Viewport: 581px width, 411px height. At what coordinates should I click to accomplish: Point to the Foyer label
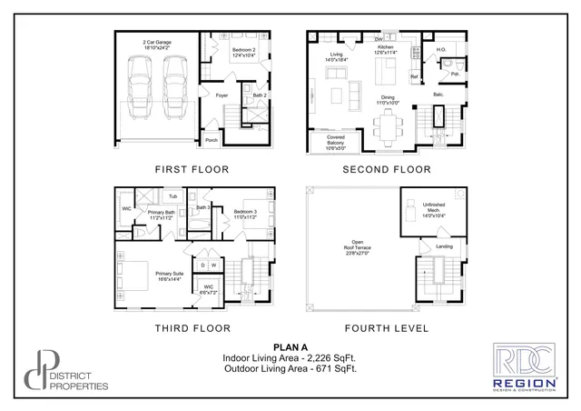click(x=221, y=95)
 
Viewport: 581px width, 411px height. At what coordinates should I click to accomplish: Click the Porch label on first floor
click(x=211, y=140)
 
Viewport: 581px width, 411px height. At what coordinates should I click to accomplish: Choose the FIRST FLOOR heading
click(x=192, y=169)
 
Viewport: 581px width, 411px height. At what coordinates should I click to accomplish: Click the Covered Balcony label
click(x=329, y=140)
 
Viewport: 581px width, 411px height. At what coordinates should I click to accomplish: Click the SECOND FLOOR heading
click(x=386, y=169)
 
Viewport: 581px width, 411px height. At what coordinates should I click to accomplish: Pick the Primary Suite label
click(x=169, y=276)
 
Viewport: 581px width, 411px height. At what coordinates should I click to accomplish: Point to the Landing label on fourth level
click(x=444, y=246)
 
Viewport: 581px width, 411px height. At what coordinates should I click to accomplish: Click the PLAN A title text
click(x=290, y=347)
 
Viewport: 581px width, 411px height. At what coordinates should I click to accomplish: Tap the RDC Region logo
click(x=524, y=367)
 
